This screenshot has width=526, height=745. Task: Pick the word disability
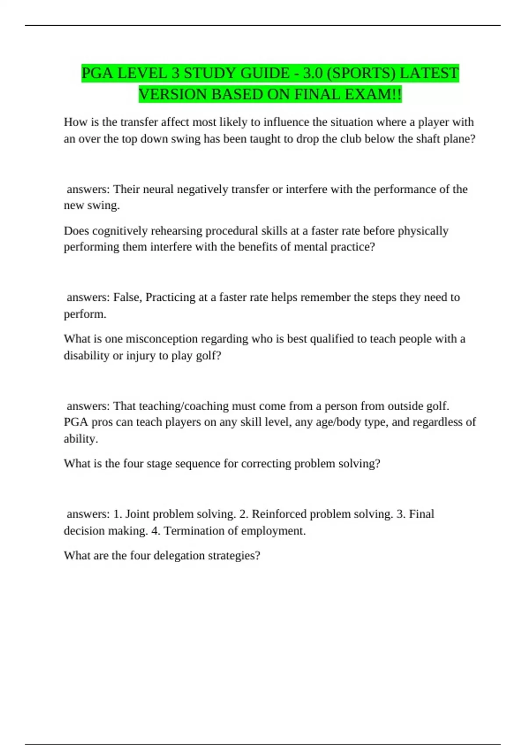click(86, 355)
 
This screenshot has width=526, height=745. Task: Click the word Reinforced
click(279, 514)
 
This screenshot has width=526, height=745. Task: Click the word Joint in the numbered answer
click(137, 514)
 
